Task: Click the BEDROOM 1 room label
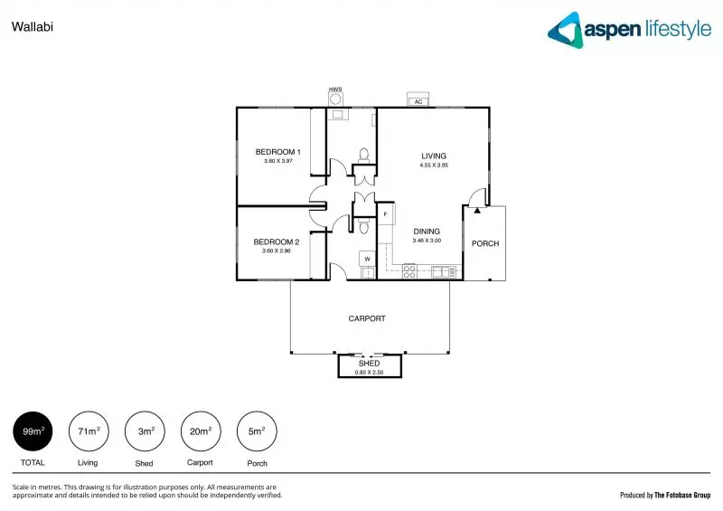pos(277,152)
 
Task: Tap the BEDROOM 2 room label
pos(276,241)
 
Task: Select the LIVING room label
pos(434,156)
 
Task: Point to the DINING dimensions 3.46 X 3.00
pos(426,241)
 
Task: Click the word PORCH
pos(485,243)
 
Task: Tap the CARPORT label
pos(367,318)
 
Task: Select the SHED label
pos(369,364)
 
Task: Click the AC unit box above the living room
pos(418,101)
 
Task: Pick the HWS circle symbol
pos(337,99)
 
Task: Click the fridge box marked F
pos(385,214)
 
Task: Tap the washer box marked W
pos(368,260)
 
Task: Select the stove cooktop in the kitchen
pos(408,270)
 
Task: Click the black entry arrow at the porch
pos(477,211)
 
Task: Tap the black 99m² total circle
pos(32,432)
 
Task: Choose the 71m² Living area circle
pos(88,432)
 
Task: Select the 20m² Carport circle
pos(200,432)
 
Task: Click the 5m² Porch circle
pos(256,432)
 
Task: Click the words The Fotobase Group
pos(682,495)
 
